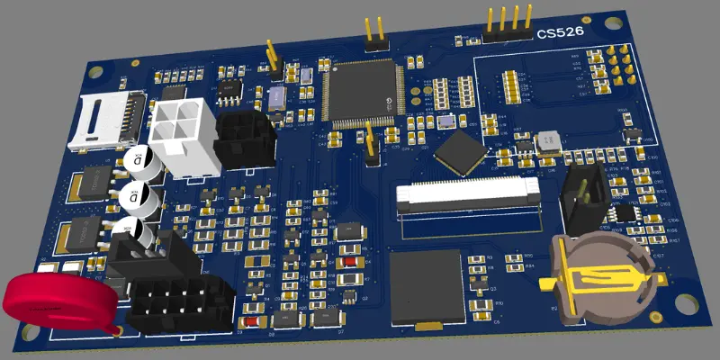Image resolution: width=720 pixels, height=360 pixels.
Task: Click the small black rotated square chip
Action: point(463,150)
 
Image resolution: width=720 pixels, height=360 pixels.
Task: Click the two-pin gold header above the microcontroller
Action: point(375,32)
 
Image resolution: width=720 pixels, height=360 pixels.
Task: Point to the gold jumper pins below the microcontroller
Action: point(369,144)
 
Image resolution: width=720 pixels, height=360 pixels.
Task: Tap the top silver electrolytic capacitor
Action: point(142,163)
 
